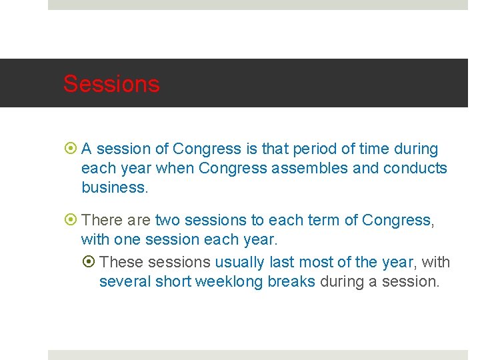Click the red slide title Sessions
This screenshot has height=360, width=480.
[111, 84]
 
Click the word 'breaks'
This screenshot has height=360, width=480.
[291, 282]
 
